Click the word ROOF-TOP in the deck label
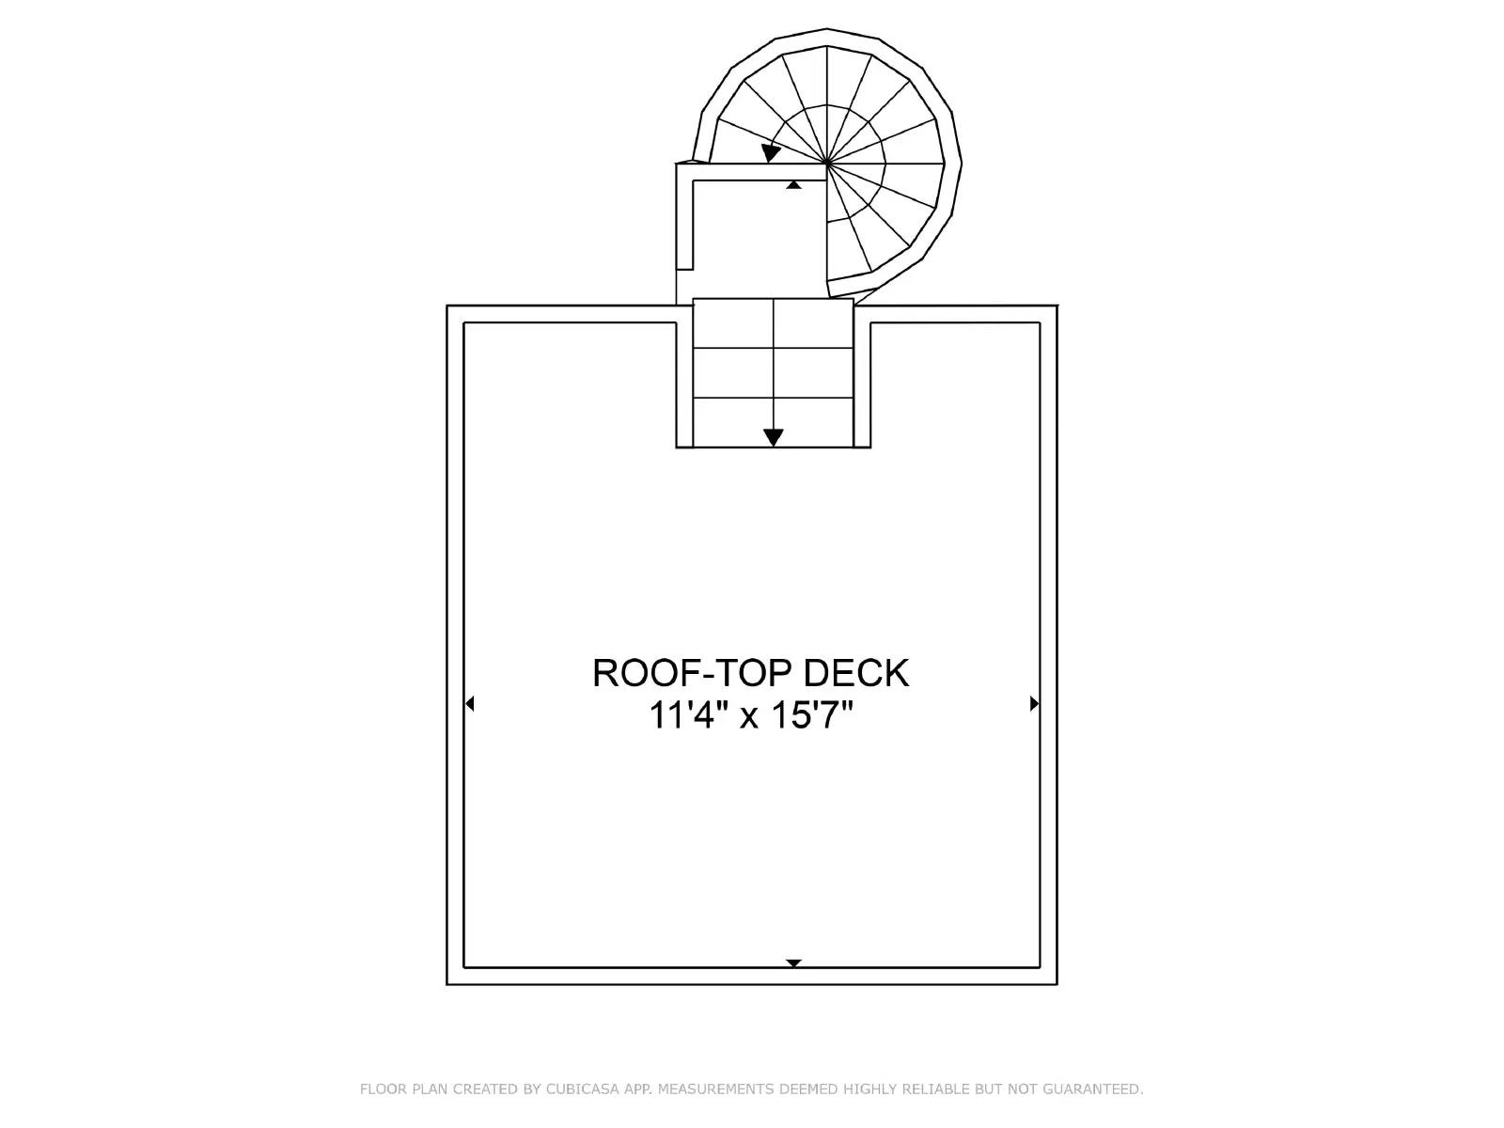(x=693, y=672)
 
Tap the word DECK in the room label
(x=855, y=672)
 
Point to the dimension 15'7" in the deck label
(x=812, y=716)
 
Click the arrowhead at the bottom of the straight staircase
(x=773, y=437)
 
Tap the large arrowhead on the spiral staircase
(x=770, y=152)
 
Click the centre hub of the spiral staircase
(x=827, y=164)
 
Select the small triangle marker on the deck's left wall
(x=469, y=703)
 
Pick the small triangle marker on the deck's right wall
(x=1035, y=703)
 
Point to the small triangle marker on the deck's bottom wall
(x=793, y=963)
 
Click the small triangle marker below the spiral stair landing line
(x=793, y=185)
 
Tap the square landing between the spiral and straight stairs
(x=760, y=239)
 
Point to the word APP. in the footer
(x=638, y=1089)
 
